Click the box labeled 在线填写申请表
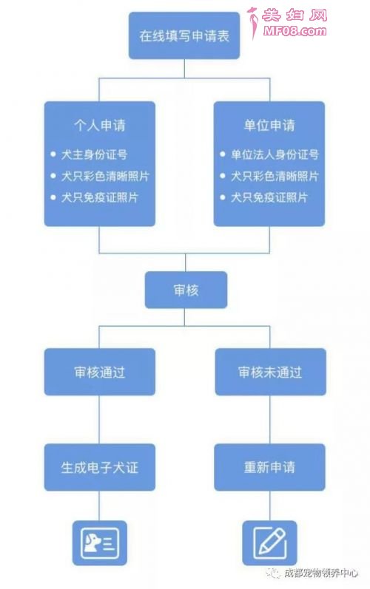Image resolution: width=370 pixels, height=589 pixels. [184, 35]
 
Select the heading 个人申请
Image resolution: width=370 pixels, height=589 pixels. [100, 125]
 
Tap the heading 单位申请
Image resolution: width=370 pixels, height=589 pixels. [269, 125]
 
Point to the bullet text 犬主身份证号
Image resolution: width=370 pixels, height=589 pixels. [95, 154]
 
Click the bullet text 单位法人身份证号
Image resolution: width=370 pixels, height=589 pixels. [275, 154]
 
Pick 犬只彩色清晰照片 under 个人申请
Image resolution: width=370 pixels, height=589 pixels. [105, 176]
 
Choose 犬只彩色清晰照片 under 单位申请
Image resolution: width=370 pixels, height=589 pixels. [275, 176]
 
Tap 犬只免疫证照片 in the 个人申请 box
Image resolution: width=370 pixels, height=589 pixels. [100, 197]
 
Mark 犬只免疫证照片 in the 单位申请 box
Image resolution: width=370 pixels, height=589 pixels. [269, 197]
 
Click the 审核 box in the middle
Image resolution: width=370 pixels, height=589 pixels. [186, 290]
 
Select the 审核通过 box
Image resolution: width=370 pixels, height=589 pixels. [100, 372]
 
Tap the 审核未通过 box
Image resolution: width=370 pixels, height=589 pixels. [270, 372]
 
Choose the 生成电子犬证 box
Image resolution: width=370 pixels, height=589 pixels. [100, 467]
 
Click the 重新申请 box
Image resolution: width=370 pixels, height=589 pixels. [269, 467]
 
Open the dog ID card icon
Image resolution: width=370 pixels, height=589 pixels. [100, 542]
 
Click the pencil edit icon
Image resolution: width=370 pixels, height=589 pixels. [269, 542]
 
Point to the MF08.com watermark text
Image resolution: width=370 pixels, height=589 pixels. [295, 31]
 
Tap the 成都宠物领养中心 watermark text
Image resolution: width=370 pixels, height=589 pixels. [320, 573]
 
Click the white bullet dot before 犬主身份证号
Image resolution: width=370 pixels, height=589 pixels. [53, 154]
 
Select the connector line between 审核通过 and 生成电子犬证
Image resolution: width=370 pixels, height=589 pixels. [99, 420]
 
